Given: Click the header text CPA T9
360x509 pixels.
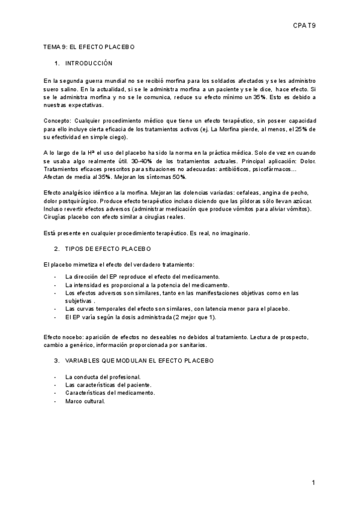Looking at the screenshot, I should [x=304, y=26].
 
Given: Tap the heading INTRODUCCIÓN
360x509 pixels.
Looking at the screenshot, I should [x=88, y=63].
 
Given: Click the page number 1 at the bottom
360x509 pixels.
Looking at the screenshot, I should [x=313, y=483].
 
